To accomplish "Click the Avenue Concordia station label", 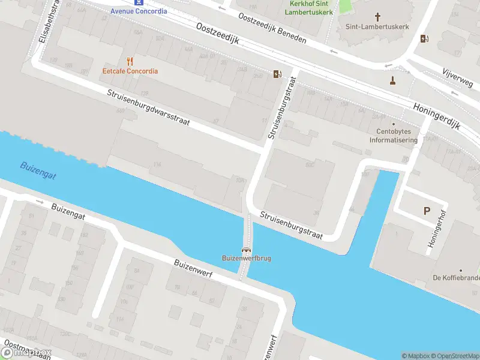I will (139, 11).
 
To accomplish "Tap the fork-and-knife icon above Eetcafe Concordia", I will (130, 61).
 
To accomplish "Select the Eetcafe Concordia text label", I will (130, 71).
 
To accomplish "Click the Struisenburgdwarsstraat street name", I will (148, 108).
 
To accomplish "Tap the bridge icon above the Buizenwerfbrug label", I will (245, 250).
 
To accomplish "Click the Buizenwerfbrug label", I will (245, 259).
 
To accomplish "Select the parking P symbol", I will (427, 211).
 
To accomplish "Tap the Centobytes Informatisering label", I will (394, 136).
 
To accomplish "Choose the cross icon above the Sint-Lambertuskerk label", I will (377, 17).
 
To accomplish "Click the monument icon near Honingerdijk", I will (393, 80).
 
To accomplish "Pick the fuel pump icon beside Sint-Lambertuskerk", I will (425, 39).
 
